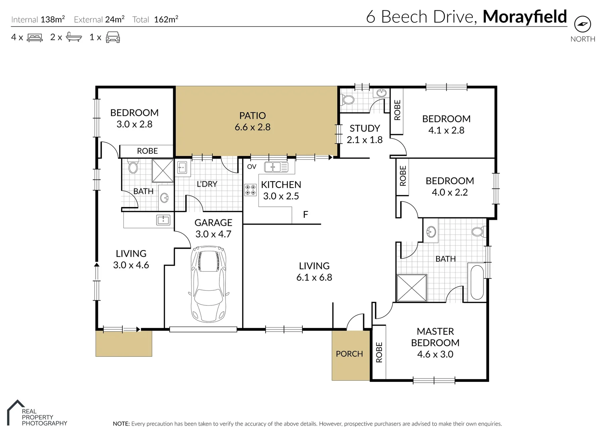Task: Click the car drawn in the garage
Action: click(x=208, y=284)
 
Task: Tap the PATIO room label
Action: click(x=252, y=116)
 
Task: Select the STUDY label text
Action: click(x=364, y=128)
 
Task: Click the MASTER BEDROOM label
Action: click(x=435, y=337)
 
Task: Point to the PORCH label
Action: click(x=349, y=354)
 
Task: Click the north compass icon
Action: click(x=582, y=24)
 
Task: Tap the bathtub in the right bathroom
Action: click(x=477, y=282)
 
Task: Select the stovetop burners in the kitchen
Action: click(x=251, y=190)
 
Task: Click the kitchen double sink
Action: click(x=276, y=167)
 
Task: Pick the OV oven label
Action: click(x=252, y=167)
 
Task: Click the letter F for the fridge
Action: click(x=305, y=215)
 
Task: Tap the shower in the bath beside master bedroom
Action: click(x=412, y=287)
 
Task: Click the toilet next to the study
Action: click(x=348, y=100)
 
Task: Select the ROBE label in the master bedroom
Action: click(x=379, y=352)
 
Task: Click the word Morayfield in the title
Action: click(x=525, y=17)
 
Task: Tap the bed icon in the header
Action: click(x=35, y=38)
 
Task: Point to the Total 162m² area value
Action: click(x=166, y=20)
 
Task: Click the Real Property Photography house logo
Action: click(x=15, y=412)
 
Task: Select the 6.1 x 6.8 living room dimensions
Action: click(x=314, y=278)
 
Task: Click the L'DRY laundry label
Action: click(x=207, y=184)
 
